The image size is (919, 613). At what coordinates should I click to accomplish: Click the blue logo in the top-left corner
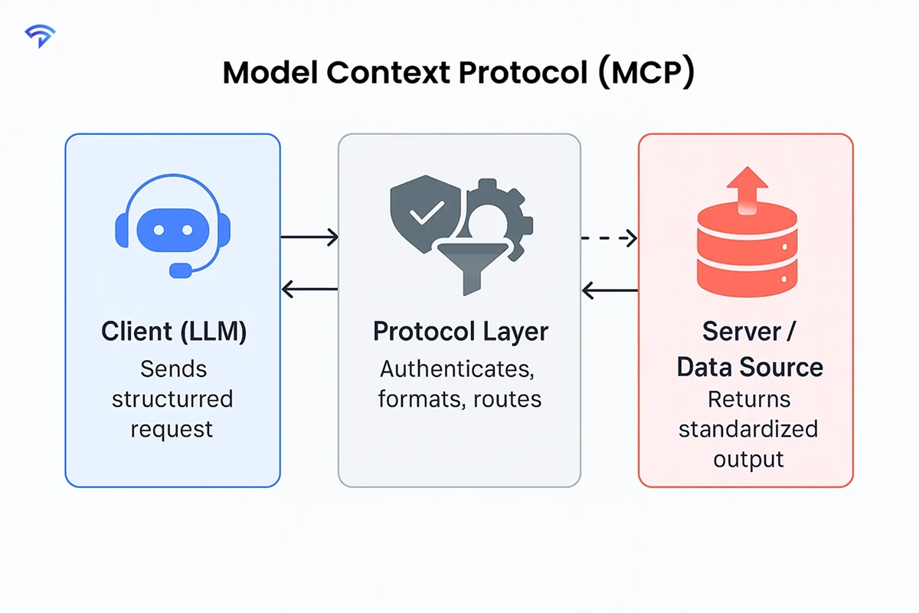click(38, 35)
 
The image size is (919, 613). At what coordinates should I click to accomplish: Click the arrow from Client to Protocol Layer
click(309, 238)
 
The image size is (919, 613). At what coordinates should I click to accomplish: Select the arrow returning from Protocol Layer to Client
click(309, 289)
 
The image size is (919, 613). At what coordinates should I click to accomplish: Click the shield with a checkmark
click(420, 211)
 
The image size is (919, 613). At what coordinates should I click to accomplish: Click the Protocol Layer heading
click(460, 332)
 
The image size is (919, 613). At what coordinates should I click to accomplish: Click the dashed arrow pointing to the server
click(609, 238)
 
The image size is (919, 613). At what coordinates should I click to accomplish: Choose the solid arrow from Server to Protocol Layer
click(610, 290)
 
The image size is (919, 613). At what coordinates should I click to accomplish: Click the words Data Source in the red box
click(750, 367)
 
